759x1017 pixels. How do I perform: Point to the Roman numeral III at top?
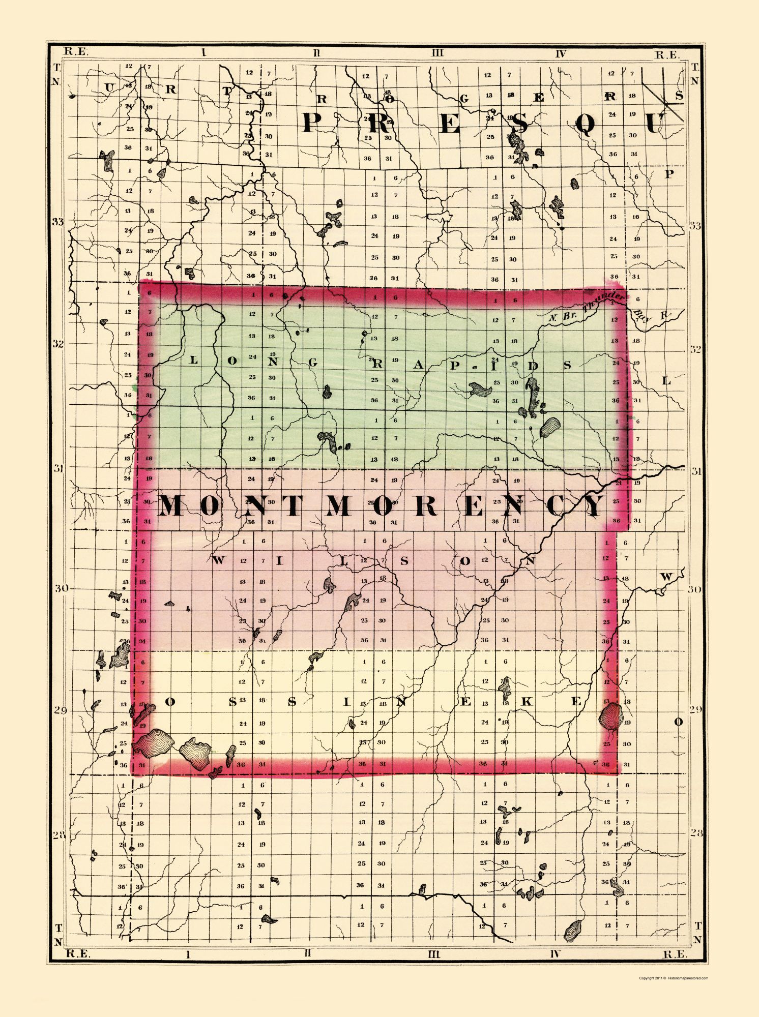pyautogui.click(x=437, y=53)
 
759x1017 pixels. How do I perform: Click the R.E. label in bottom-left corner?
pyautogui.click(x=78, y=953)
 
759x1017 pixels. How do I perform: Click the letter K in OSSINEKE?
pyautogui.click(x=527, y=702)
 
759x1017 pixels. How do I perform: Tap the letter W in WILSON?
pyautogui.click(x=219, y=560)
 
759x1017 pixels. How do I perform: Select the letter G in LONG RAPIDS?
pyautogui.click(x=312, y=362)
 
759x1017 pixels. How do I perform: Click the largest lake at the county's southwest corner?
pyautogui.click(x=153, y=744)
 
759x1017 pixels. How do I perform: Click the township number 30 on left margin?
pyautogui.click(x=61, y=588)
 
